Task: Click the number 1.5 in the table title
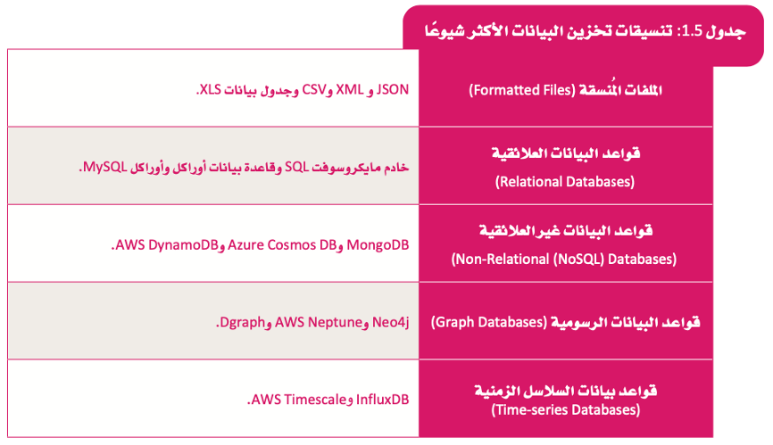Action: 691,31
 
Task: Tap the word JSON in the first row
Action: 393,89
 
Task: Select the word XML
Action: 350,89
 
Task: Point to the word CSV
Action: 314,89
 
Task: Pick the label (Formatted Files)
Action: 522,90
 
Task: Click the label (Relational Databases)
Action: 565,182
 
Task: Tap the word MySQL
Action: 105,168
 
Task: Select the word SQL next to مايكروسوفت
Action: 296,168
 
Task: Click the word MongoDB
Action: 378,244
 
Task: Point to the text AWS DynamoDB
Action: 167,244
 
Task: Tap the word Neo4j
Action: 391,323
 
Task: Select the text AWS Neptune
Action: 319,323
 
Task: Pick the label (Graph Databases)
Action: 489,322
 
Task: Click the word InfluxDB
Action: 383,400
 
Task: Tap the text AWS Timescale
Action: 299,400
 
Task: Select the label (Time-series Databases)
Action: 566,409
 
